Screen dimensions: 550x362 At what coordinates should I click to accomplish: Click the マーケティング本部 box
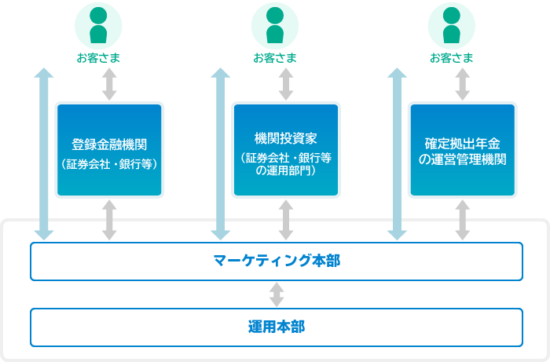click(277, 261)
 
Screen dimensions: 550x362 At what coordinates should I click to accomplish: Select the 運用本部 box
click(277, 327)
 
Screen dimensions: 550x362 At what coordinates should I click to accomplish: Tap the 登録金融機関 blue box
click(109, 150)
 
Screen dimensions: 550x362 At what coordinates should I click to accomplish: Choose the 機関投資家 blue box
click(286, 150)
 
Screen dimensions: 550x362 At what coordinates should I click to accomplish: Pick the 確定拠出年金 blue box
click(463, 150)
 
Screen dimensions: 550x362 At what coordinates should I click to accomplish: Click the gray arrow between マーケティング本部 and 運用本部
click(277, 294)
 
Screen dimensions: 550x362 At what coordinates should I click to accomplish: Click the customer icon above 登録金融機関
click(98, 26)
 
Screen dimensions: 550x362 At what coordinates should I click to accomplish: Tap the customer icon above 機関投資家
click(275, 26)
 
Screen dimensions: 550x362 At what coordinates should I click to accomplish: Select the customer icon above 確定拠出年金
click(452, 26)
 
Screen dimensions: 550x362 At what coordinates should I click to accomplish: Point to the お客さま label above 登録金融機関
click(98, 58)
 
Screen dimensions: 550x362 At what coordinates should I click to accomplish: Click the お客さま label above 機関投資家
click(275, 58)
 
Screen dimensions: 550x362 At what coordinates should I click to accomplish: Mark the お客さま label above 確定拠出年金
click(452, 58)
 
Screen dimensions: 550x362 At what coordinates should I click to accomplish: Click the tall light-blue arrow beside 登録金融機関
click(44, 154)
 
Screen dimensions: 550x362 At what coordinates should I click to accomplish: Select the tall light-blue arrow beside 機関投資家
click(220, 154)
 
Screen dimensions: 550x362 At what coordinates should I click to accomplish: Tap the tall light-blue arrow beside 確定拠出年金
click(397, 154)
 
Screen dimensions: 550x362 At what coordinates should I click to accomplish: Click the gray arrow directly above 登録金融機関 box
click(109, 84)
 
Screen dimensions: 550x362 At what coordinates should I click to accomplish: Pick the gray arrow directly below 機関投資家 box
click(286, 220)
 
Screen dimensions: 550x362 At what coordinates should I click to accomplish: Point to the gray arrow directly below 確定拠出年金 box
click(463, 220)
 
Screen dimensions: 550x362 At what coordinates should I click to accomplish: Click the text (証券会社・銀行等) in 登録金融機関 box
click(109, 164)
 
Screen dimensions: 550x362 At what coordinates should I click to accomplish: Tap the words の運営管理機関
click(463, 159)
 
